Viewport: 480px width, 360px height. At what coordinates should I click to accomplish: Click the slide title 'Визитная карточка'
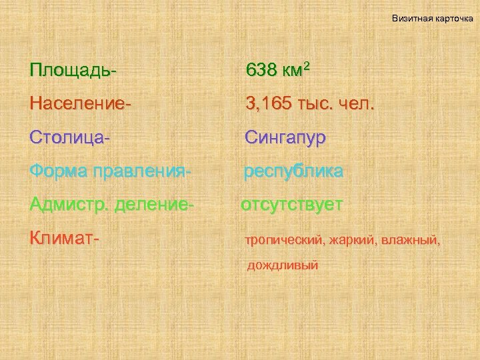(x=432, y=18)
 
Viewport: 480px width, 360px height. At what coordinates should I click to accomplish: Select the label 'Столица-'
(x=69, y=137)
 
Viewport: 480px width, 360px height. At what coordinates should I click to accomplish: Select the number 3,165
(x=267, y=103)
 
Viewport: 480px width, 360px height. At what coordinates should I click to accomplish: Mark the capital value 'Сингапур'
(x=285, y=138)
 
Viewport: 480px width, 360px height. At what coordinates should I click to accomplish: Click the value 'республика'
(x=293, y=172)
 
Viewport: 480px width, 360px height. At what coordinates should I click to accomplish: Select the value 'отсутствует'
(x=292, y=205)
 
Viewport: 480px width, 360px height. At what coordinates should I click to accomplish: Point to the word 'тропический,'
(x=284, y=240)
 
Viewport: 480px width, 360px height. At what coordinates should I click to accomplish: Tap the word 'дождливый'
(x=283, y=265)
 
